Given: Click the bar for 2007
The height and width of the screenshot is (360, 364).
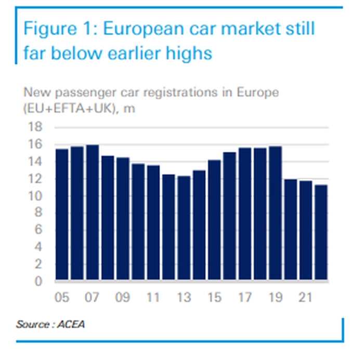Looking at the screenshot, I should tap(93, 213).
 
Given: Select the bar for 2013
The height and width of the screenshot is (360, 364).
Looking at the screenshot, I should tap(184, 229).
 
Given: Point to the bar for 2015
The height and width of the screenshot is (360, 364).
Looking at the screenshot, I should tap(214, 220).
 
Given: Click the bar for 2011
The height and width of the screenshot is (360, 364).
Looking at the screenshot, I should tap(153, 223).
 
